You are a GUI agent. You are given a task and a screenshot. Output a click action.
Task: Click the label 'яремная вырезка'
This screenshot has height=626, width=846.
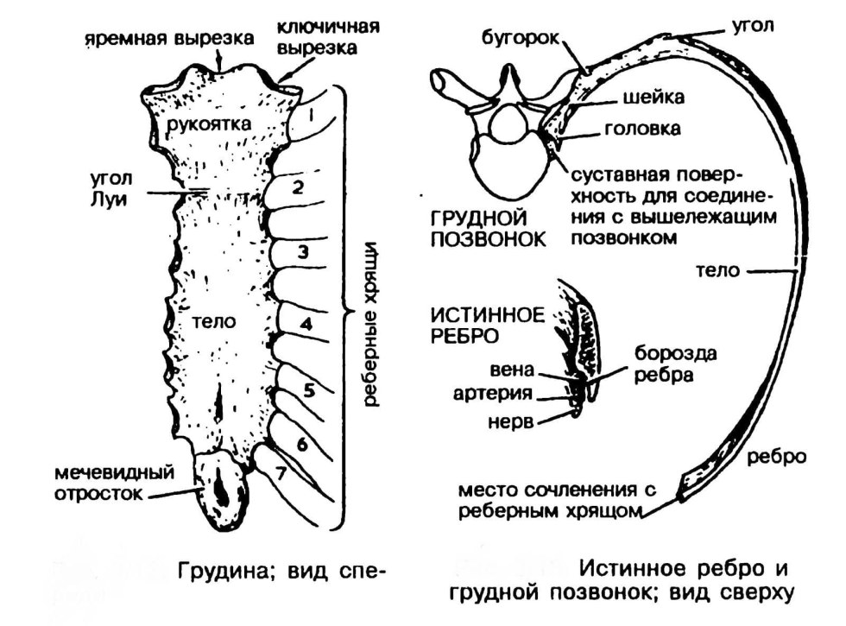coord(169,37)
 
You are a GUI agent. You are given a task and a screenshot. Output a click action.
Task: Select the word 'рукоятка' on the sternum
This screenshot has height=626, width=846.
coord(211,123)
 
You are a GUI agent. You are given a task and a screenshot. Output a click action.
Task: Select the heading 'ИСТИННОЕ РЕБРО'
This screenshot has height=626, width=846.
coord(489,324)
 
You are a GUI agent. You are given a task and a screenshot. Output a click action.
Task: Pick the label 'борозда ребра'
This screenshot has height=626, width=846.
coord(676,365)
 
